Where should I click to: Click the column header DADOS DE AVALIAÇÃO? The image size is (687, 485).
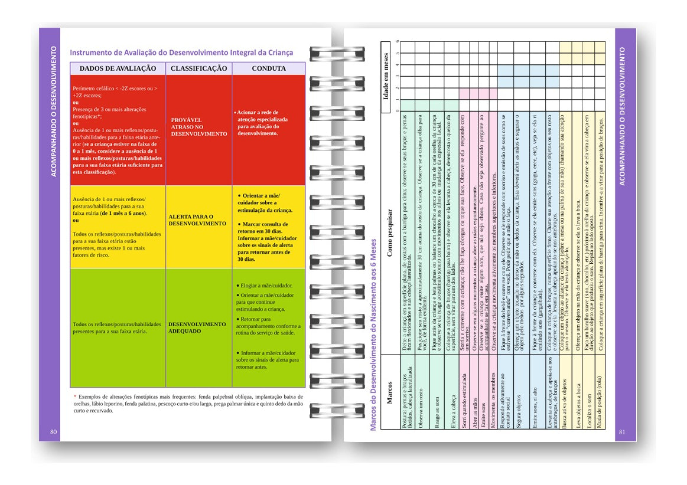(118, 68)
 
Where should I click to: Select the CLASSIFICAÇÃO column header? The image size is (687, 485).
(198, 68)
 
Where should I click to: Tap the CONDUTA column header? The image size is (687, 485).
(269, 68)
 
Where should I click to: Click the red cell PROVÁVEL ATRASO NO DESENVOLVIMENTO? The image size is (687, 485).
(198, 127)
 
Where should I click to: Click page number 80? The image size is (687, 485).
(53, 432)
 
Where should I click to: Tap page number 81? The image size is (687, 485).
(621, 432)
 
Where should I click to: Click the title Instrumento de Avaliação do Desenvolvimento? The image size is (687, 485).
(181, 53)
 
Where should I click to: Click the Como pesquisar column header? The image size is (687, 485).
(390, 233)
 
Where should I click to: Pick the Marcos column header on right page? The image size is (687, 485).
(389, 392)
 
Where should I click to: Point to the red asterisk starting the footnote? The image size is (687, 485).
(75, 396)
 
